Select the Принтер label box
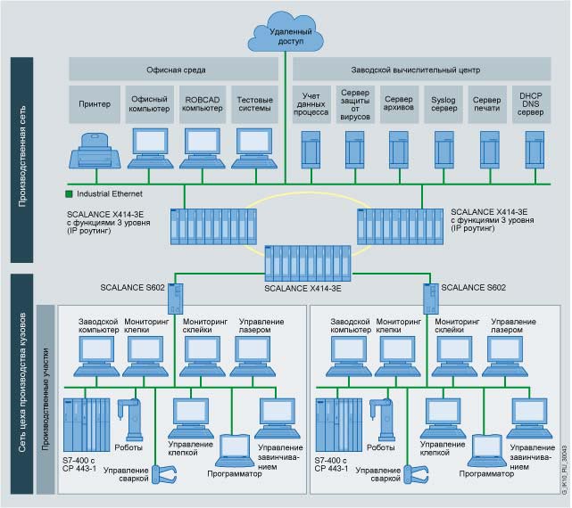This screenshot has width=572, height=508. [x=94, y=103]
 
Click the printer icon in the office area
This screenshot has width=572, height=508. [x=94, y=149]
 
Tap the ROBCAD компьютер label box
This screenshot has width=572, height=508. [x=202, y=103]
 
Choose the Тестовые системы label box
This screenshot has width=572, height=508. [x=255, y=103]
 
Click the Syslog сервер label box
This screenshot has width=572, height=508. [x=443, y=103]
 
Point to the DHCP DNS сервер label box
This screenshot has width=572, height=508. [x=530, y=103]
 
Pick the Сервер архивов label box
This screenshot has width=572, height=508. [x=398, y=103]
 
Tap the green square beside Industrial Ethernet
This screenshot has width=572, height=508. [x=69, y=193]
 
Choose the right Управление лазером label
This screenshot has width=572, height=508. [x=514, y=325]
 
